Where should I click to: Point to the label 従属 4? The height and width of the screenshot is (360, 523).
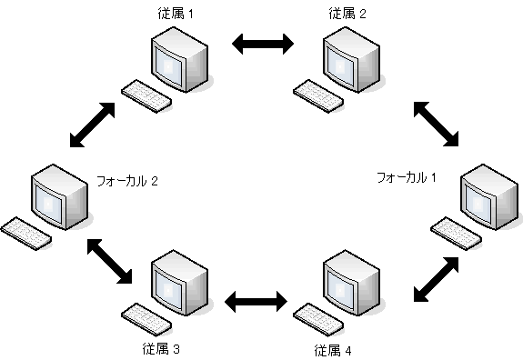(x=333, y=349)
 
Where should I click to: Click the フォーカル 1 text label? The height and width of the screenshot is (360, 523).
(x=407, y=176)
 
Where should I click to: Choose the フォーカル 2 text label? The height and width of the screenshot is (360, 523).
(x=128, y=181)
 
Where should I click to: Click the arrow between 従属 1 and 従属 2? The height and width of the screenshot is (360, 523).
(x=263, y=43)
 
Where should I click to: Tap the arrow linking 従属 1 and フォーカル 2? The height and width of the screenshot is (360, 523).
(x=94, y=124)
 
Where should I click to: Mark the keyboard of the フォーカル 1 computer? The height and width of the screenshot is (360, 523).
(x=454, y=232)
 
